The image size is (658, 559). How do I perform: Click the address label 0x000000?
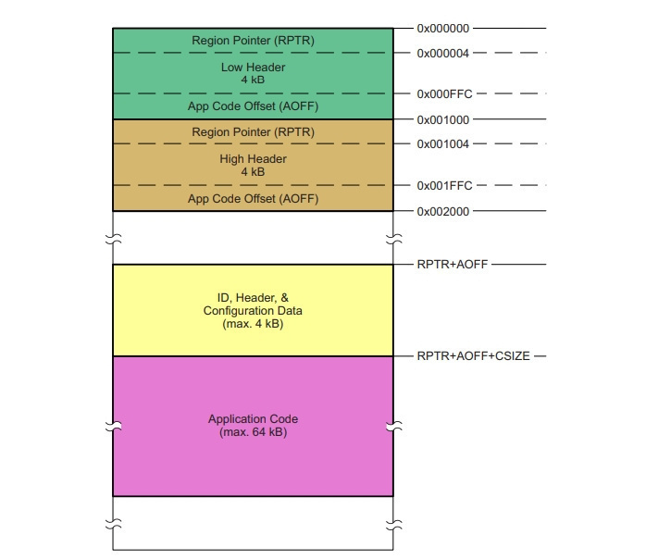click(442, 29)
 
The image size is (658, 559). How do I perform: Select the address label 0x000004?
click(442, 54)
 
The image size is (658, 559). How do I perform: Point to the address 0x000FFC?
click(444, 93)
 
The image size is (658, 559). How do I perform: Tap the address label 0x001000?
click(442, 119)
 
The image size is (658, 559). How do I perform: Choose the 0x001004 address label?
click(442, 144)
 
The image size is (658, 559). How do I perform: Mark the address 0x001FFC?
click(444, 185)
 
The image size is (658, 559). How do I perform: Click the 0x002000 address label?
click(442, 211)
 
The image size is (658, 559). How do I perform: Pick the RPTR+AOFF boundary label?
click(453, 265)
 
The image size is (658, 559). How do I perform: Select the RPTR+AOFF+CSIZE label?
click(473, 356)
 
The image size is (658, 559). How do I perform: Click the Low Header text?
click(253, 68)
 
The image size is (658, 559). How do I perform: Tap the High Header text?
click(253, 158)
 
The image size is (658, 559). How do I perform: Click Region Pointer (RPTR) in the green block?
click(253, 41)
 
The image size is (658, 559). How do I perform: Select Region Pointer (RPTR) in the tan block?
click(253, 131)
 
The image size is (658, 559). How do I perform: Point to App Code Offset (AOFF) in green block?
click(253, 106)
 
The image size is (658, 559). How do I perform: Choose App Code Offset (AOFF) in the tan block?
click(253, 198)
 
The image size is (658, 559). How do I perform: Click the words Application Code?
click(253, 419)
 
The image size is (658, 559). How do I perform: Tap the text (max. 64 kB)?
click(253, 432)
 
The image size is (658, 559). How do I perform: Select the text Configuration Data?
click(253, 311)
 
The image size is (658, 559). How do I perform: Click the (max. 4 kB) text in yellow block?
click(253, 324)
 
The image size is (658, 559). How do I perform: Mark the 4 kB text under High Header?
click(253, 171)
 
